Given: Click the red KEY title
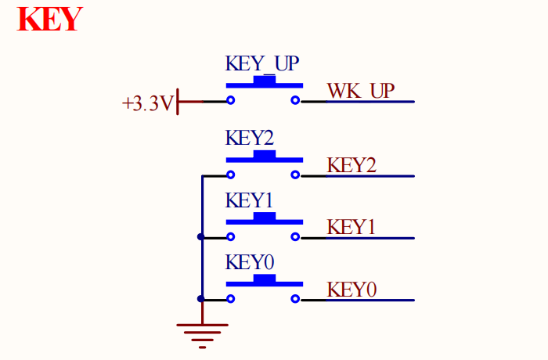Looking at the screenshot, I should click(49, 19).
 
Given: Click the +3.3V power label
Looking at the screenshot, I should click(147, 103).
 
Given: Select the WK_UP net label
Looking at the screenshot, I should click(361, 91).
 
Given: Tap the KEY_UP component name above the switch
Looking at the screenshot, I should click(262, 63).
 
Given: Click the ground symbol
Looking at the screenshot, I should click(202, 332).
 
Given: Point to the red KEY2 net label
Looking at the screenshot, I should click(352, 165).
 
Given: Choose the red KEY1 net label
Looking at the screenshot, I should click(352, 227).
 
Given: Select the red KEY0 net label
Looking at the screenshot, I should click(352, 289).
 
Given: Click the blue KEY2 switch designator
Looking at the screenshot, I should click(250, 138).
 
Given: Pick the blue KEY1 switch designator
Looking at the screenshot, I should click(250, 200).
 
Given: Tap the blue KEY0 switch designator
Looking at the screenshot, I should click(250, 261).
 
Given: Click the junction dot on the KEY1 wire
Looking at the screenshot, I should click(201, 236).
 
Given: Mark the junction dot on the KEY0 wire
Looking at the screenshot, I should click(201, 298).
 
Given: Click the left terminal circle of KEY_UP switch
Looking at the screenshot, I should click(231, 101).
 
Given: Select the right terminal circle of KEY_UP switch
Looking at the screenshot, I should click(295, 101).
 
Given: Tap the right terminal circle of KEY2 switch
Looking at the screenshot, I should click(295, 175).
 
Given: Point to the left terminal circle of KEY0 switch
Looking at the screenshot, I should click(231, 298).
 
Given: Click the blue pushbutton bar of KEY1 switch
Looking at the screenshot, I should click(264, 219).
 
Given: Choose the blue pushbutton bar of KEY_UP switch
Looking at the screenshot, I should click(264, 83).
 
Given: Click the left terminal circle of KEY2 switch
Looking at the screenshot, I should click(231, 175).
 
